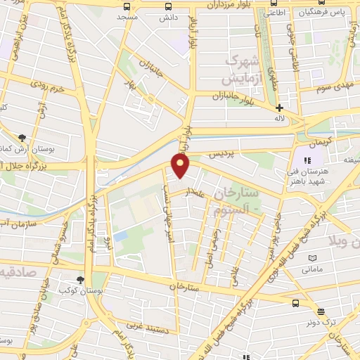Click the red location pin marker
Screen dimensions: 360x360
click(x=181, y=165)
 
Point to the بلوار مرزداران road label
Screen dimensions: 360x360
click(x=231, y=5)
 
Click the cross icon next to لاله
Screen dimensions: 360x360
click(x=279, y=108)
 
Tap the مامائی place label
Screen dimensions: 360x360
click(x=311, y=269)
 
